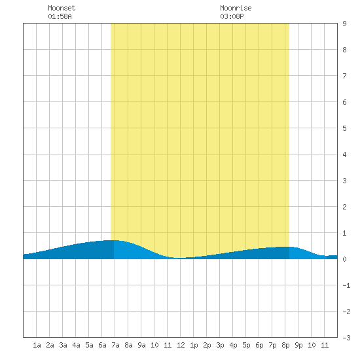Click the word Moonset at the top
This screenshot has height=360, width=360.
[x=62, y=8]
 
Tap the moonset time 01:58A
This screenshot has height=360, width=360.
[x=60, y=16]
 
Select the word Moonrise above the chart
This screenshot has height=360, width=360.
[x=236, y=8]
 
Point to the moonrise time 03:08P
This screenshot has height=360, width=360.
[x=232, y=16]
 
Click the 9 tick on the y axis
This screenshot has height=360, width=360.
[x=344, y=24]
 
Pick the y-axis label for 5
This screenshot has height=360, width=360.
[x=344, y=128]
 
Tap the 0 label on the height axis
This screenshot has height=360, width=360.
[x=344, y=259]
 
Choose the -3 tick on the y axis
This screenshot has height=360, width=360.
[x=346, y=338]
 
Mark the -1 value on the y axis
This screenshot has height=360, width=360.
[x=346, y=285]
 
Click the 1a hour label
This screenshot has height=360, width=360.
[x=37, y=345]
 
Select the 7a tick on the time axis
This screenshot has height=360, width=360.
[x=115, y=345]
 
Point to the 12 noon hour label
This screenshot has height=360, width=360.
[x=181, y=345]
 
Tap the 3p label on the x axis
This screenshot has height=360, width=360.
[x=220, y=345]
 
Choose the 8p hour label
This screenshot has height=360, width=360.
[x=285, y=345]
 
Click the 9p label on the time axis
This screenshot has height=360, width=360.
[x=298, y=345]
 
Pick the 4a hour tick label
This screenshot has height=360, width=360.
[x=76, y=345]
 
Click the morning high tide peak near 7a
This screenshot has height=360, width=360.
[x=113, y=240]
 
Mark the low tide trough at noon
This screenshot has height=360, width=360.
[x=179, y=258]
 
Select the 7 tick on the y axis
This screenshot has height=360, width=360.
[x=344, y=76]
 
